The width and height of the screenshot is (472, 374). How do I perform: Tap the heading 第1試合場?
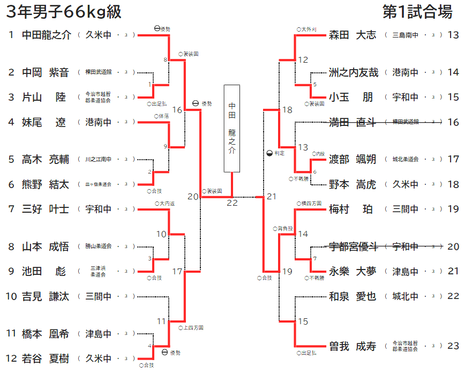coord(417,11)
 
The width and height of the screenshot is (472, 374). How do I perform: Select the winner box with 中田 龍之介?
coord(231,128)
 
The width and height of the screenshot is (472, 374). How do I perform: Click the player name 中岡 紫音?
coord(46,72)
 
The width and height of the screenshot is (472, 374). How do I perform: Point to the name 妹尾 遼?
coord(46,122)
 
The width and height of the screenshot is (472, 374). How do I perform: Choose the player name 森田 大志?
coord(353,35)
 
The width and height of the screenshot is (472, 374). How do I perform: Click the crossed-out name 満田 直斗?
coord(353,122)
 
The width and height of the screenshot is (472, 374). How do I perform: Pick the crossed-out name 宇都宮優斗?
coord(353,246)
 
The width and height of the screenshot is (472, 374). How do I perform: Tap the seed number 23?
coord(453,346)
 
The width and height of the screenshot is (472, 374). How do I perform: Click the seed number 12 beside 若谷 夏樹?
coord(11,358)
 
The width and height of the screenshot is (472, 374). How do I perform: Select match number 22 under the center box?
coord(232,203)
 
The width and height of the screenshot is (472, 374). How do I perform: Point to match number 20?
coord(193,197)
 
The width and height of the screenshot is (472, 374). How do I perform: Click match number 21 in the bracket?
coord(272,197)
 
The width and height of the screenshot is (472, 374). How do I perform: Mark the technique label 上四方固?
coord(193,327)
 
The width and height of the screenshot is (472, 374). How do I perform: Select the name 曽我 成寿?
coord(353,346)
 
